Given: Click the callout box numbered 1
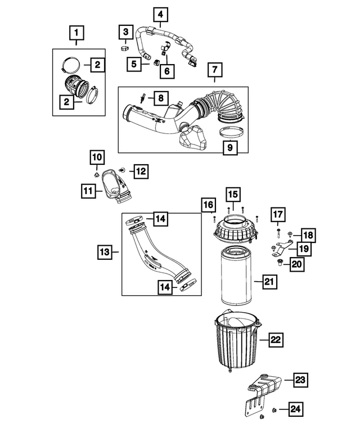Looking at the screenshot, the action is [76, 33].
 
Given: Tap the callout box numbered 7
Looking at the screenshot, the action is [215, 69].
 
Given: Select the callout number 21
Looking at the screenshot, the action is [269, 281].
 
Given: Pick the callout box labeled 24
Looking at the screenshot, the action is [295, 409].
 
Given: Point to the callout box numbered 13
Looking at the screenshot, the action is [105, 252].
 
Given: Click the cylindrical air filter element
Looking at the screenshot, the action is [236, 276].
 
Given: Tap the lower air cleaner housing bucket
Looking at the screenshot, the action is [237, 341].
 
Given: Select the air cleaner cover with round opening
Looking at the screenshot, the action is [235, 230].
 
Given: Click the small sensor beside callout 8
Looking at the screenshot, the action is [142, 98].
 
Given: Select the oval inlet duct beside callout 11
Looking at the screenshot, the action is [115, 187].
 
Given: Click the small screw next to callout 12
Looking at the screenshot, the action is [122, 169].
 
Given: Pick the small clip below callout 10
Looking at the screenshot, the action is [97, 175].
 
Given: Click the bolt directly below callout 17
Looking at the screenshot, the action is [278, 233].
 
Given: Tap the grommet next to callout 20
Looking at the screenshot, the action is [280, 262].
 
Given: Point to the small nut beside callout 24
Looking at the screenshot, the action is [274, 409].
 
